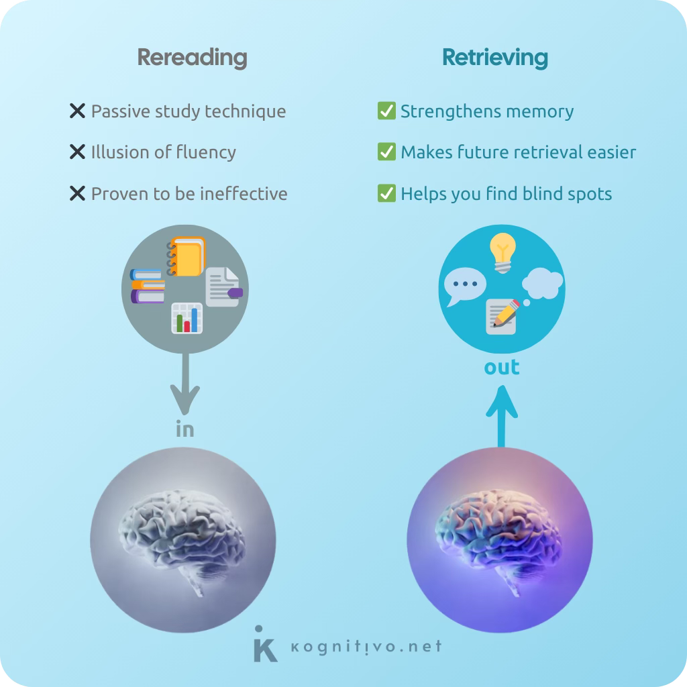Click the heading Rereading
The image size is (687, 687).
[192, 58]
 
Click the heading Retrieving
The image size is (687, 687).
[494, 58]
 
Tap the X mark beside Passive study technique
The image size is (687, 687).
[77, 111]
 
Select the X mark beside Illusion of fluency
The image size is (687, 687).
[77, 152]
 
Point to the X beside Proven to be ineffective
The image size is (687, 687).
[77, 194]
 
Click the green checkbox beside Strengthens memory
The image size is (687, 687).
[386, 111]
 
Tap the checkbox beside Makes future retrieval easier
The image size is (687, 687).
[386, 152]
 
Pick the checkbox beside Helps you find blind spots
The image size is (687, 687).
[386, 194]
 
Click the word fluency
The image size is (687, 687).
[206, 152]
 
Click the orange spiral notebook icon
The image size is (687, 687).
[187, 256]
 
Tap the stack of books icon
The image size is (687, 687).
[148, 286]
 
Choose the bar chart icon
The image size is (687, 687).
[187, 318]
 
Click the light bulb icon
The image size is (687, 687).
[503, 252]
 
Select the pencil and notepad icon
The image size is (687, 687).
[503, 315]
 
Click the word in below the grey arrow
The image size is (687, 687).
[184, 429]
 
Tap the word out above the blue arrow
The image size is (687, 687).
[502, 368]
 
